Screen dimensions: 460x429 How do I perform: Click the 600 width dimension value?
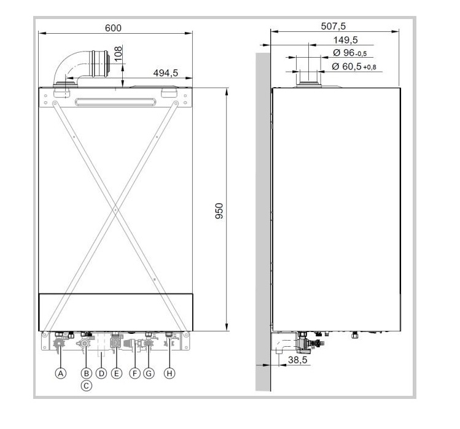[113, 28]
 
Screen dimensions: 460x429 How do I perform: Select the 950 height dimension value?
[219, 211]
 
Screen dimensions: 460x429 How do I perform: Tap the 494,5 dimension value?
[165, 73]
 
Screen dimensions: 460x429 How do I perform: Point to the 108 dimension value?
[118, 53]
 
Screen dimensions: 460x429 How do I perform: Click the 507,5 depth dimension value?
[333, 26]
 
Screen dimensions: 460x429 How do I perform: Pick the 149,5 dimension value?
[345, 40]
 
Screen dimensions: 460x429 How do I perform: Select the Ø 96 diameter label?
[349, 53]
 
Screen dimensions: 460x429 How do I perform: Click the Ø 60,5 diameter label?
[354, 66]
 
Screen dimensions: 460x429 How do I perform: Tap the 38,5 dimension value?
[297, 360]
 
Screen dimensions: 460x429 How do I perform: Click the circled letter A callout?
[60, 374]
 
